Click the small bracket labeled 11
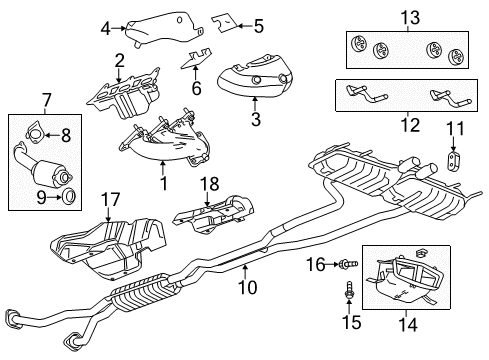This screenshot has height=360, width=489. [x=454, y=162]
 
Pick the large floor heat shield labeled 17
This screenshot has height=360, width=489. [x=110, y=245]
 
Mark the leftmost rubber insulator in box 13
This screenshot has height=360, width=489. [x=356, y=44]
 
